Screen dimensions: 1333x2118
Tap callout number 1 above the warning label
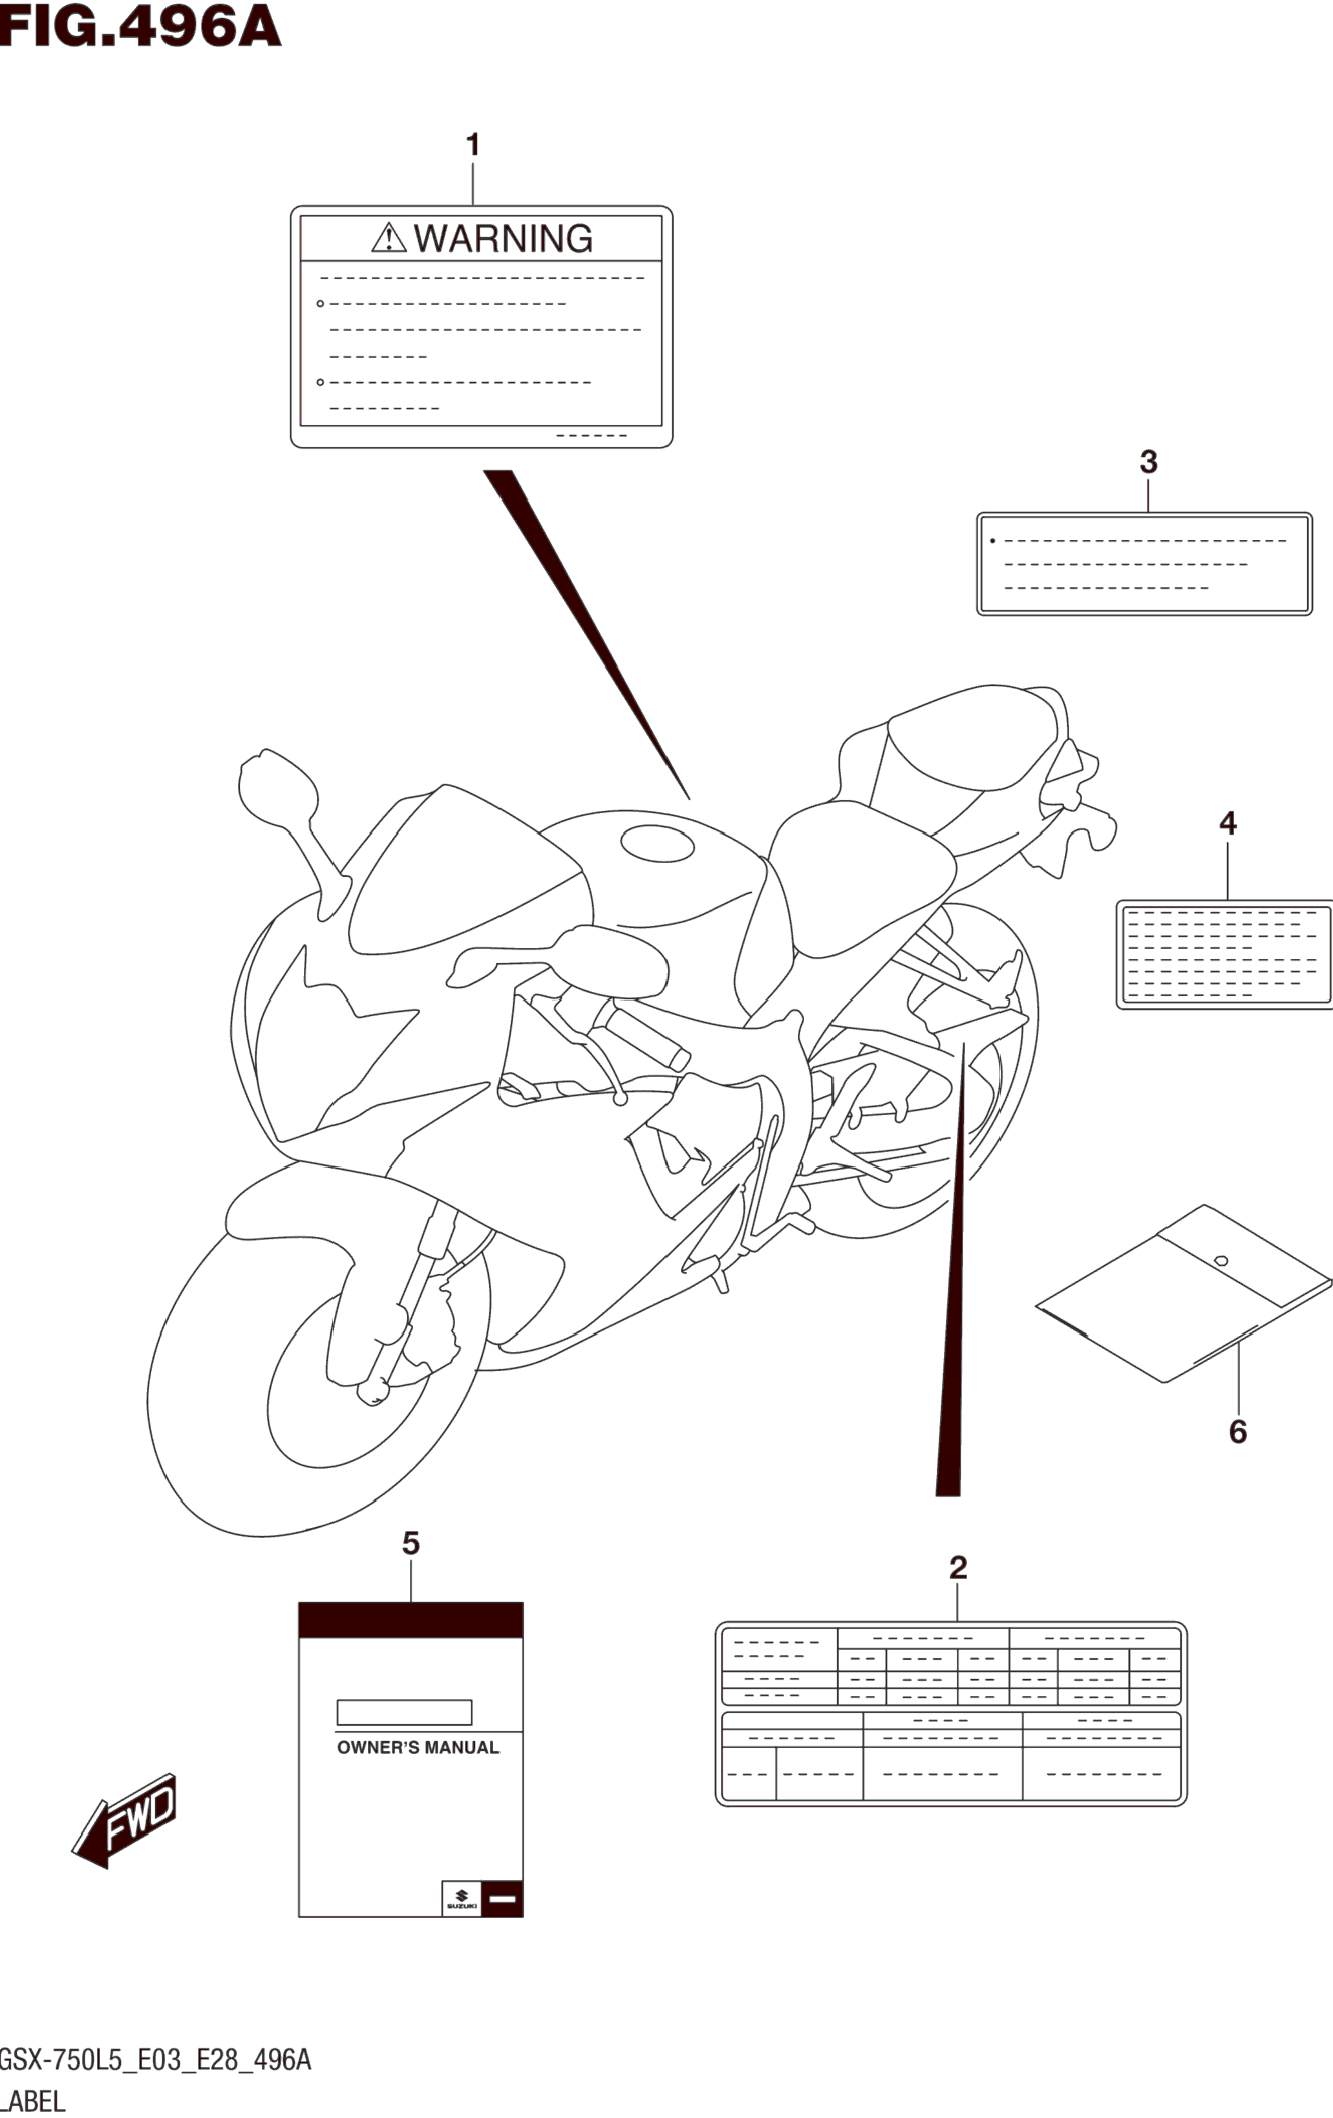point(473,145)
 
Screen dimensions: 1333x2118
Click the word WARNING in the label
point(503,239)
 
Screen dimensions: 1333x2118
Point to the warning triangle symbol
point(388,239)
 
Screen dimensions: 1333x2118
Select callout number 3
point(1148,462)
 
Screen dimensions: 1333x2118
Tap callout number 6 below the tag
point(1237,1432)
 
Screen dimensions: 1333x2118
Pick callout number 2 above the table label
point(957,1567)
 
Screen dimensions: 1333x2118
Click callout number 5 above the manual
point(411,1544)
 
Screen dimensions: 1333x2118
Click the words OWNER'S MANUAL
point(418,1748)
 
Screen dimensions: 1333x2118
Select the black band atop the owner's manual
point(411,1620)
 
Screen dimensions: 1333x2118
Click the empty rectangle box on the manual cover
point(405,1713)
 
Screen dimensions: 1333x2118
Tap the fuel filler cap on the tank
point(657,842)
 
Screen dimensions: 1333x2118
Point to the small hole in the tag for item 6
point(1221,1261)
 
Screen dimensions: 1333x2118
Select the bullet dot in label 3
point(993,541)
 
